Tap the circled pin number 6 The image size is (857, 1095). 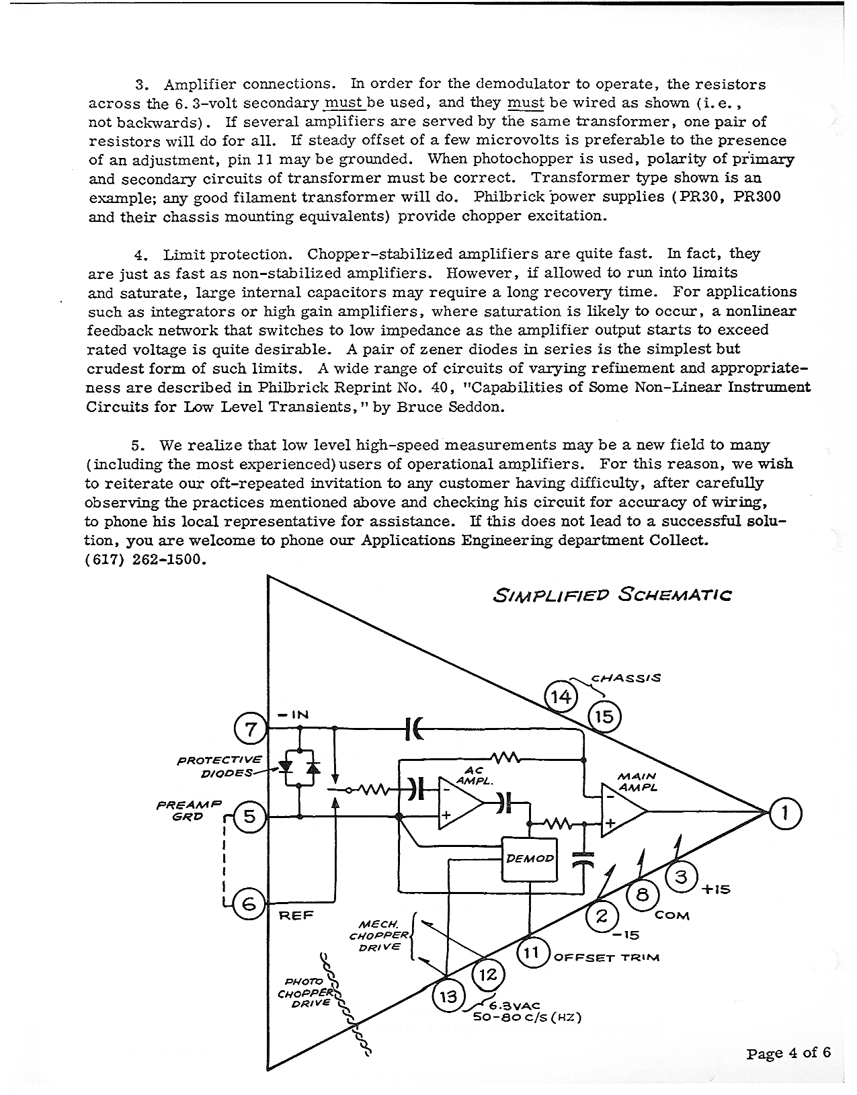click(x=248, y=905)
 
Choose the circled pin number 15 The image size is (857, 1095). click(x=604, y=717)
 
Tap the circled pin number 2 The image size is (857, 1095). click(x=602, y=916)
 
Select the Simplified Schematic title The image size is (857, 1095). click(x=612, y=595)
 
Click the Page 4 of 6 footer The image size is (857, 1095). click(x=788, y=1053)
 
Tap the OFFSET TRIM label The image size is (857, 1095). click(x=606, y=957)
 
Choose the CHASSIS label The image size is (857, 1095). click(x=626, y=678)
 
